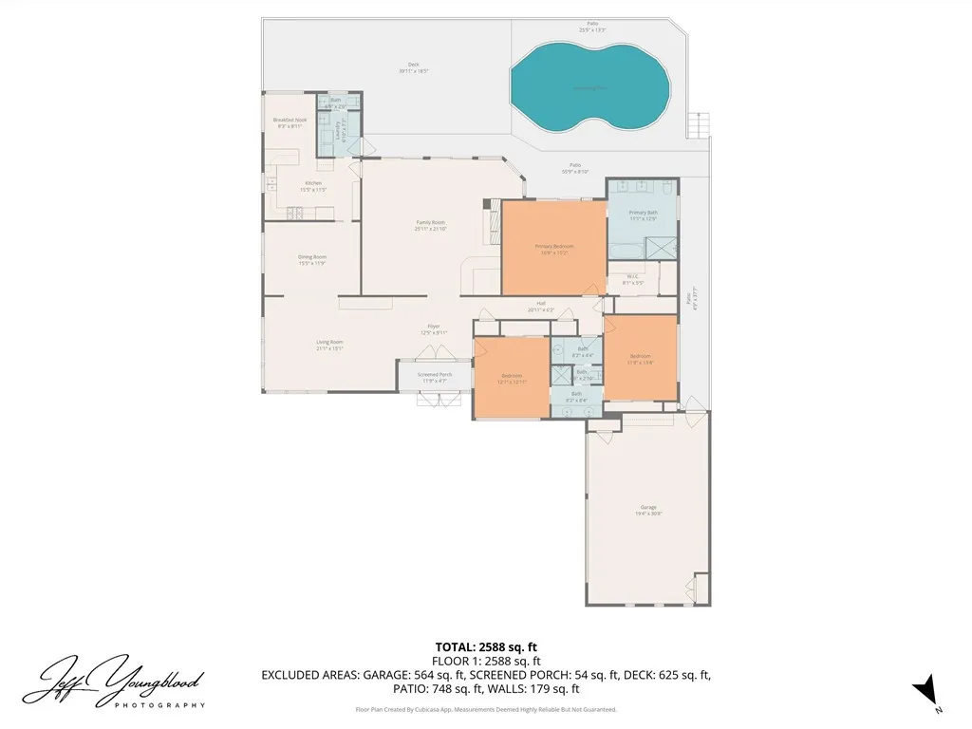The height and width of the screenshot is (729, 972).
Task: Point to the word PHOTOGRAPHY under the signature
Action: (x=159, y=705)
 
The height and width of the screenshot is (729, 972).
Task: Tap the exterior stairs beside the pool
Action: (x=700, y=123)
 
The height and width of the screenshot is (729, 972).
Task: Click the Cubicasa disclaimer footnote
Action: (x=486, y=709)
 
